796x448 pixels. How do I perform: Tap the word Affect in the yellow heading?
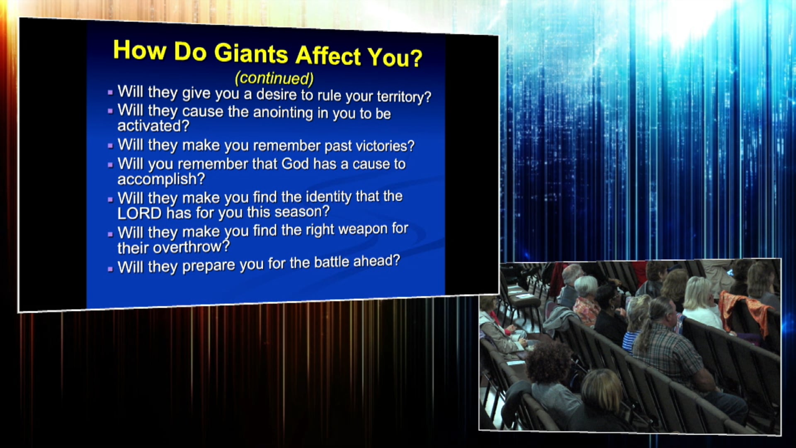pyautogui.click(x=328, y=55)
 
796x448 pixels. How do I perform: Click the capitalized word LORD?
pyautogui.click(x=139, y=213)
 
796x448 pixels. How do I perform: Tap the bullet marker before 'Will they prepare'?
pyautogui.click(x=110, y=269)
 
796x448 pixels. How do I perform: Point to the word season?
pyautogui.click(x=302, y=212)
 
